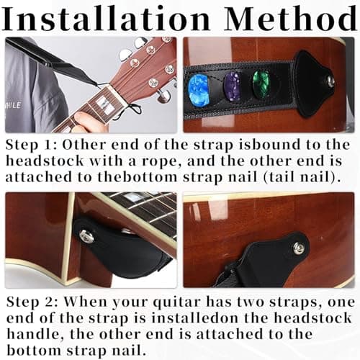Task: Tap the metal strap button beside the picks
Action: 330,81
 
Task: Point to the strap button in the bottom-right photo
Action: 298,249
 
